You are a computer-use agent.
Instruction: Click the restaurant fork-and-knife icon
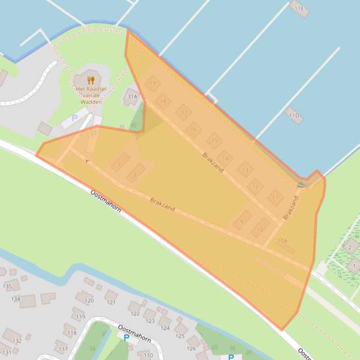(91, 80)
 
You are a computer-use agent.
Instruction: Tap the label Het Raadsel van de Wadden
(91, 95)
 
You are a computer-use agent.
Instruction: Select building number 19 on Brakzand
(153, 84)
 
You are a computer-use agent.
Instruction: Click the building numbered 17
(184, 112)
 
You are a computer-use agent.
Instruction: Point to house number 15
(214, 140)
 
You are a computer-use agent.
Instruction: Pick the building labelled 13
(245, 169)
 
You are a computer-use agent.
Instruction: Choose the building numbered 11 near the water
(275, 197)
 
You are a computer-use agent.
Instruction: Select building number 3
(135, 173)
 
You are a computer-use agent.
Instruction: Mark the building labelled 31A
(132, 97)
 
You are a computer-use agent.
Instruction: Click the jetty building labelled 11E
(299, 8)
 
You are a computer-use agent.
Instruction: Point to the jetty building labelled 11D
(294, 115)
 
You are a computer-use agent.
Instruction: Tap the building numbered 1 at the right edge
(353, 266)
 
